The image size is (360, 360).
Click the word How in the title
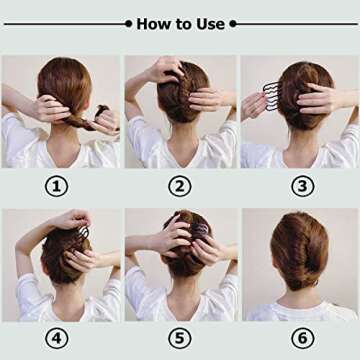[152, 23]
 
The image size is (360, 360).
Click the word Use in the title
[212, 23]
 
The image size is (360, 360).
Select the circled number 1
[59, 185]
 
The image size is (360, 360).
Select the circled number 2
[180, 185]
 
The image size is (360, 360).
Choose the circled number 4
[59, 339]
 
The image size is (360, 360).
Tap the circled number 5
[180, 339]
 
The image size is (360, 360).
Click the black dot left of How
[128, 23]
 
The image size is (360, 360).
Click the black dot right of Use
[233, 23]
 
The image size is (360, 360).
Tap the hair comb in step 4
[82, 232]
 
